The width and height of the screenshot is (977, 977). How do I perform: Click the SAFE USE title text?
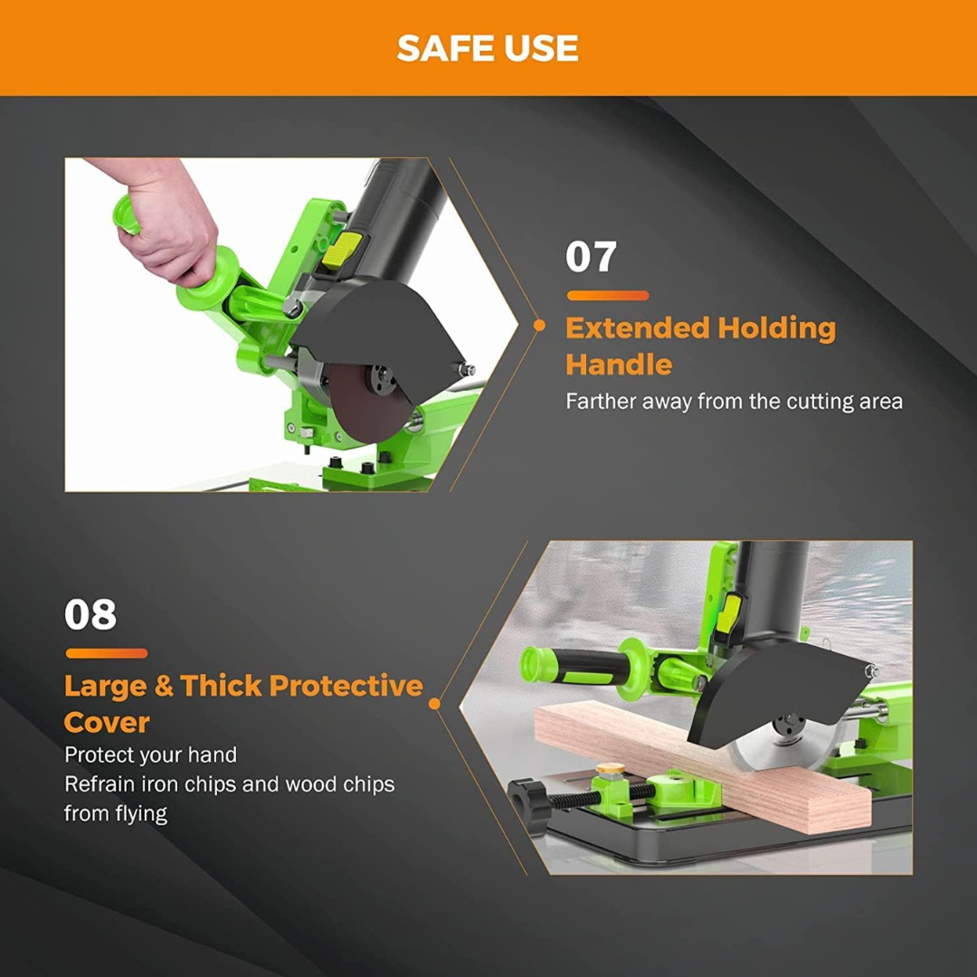tap(488, 48)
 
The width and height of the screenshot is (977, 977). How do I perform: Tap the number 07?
tap(591, 257)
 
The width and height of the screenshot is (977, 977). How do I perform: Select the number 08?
tap(90, 614)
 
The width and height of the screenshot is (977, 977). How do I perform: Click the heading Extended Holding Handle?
tap(701, 346)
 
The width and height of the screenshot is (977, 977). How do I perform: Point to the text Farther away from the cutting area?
tap(734, 402)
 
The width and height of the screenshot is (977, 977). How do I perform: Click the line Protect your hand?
tap(151, 755)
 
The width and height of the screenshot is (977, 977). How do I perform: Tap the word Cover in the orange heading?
tap(107, 723)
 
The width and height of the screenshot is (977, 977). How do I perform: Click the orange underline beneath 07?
tap(608, 295)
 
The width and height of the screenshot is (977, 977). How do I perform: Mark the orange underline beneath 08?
tap(107, 653)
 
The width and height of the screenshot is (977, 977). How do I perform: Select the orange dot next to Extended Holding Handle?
tap(539, 325)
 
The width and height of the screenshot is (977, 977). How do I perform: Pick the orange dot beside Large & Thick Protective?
tap(435, 704)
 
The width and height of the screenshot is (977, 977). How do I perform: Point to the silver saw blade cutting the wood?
tap(776, 748)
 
